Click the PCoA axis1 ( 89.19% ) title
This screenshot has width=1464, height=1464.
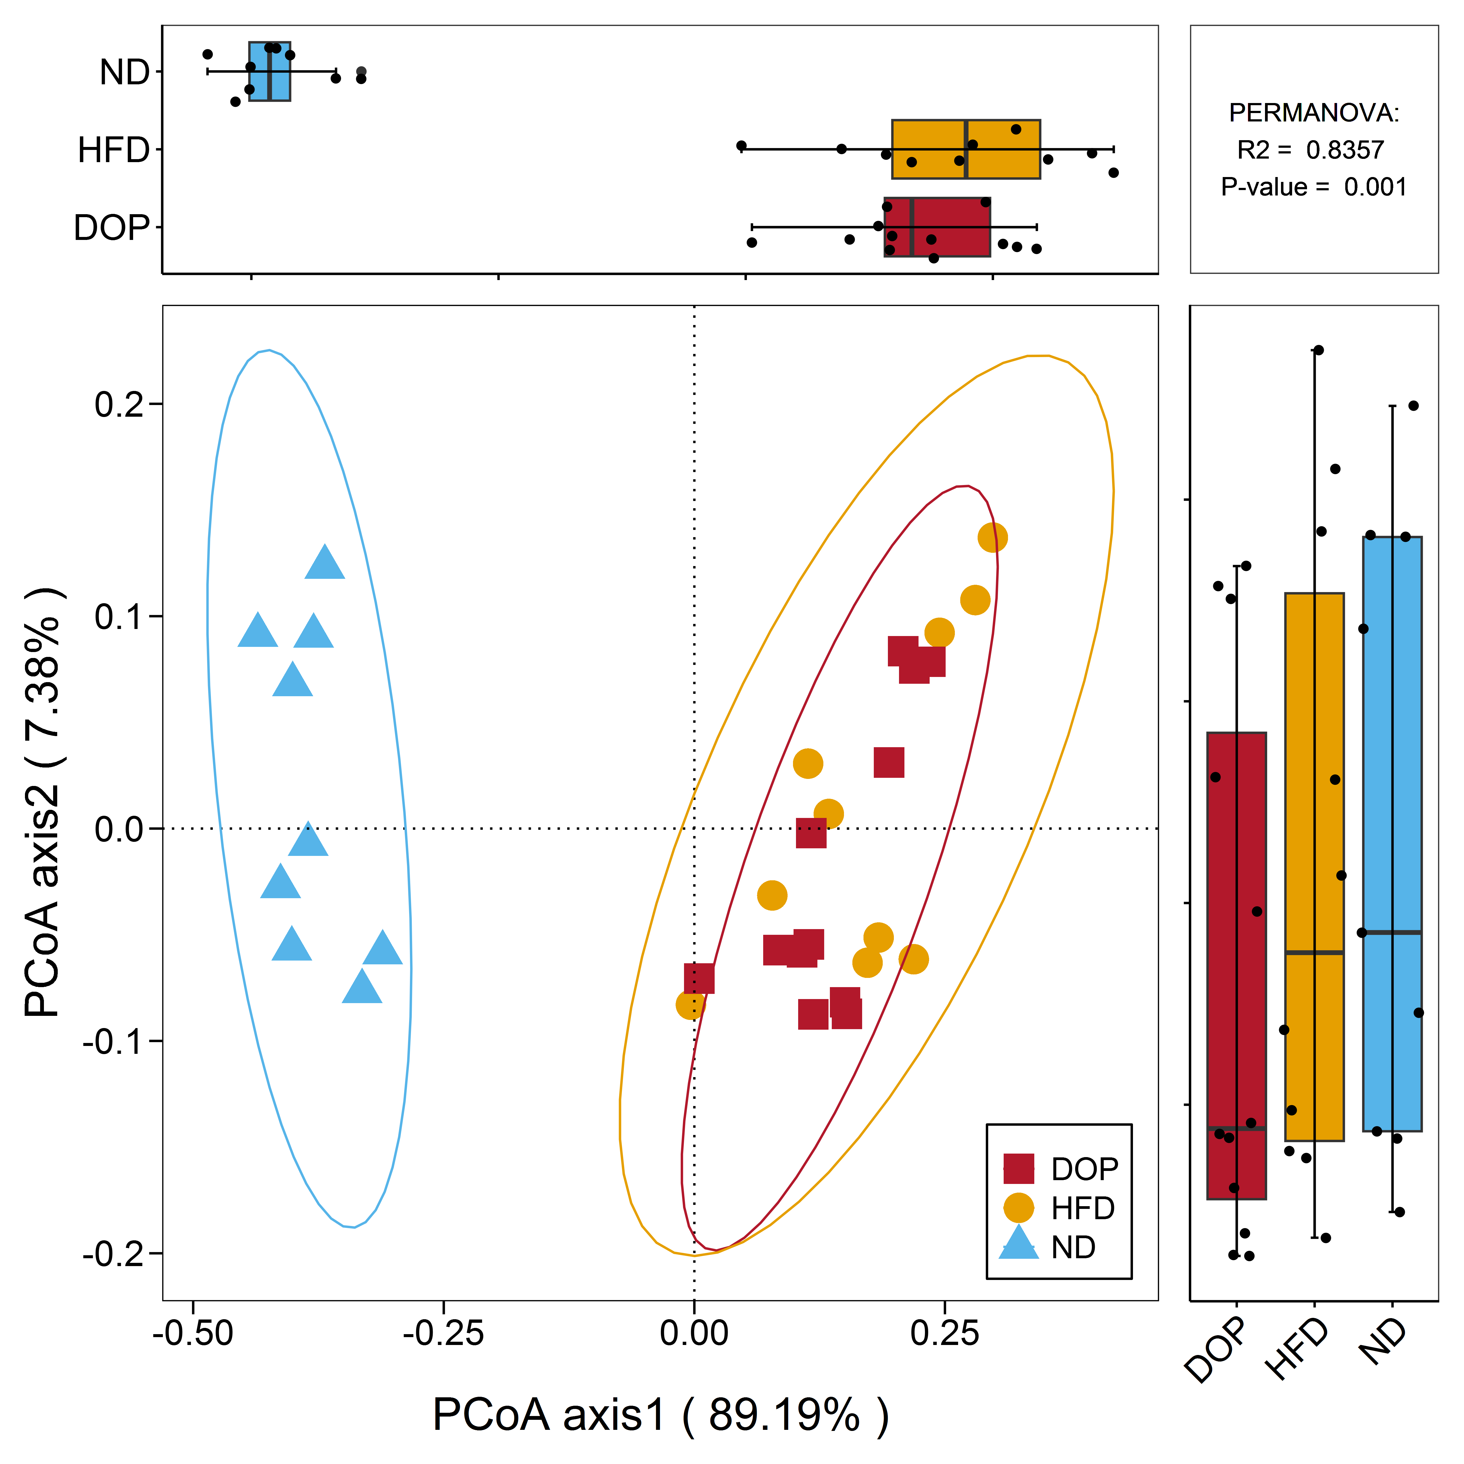[660, 1415]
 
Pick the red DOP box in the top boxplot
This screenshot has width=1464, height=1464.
[937, 227]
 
